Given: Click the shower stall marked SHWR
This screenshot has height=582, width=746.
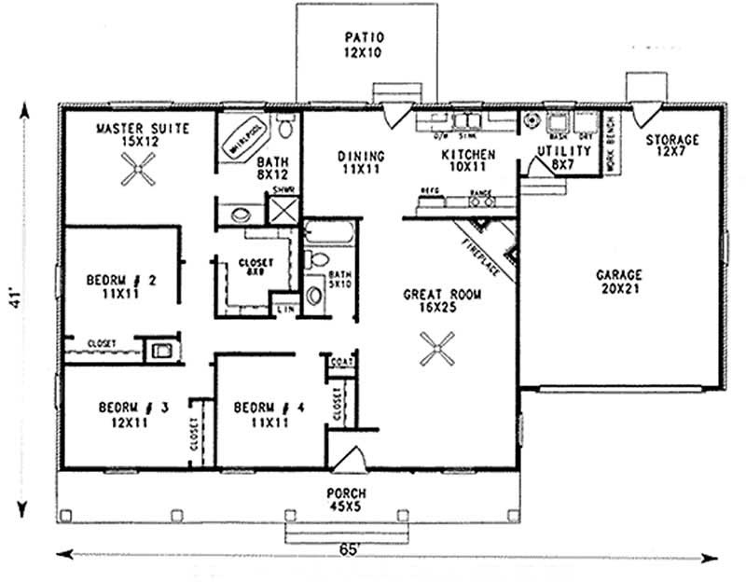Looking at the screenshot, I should click(281, 208).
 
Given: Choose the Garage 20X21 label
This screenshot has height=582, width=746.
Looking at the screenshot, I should click(619, 283).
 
